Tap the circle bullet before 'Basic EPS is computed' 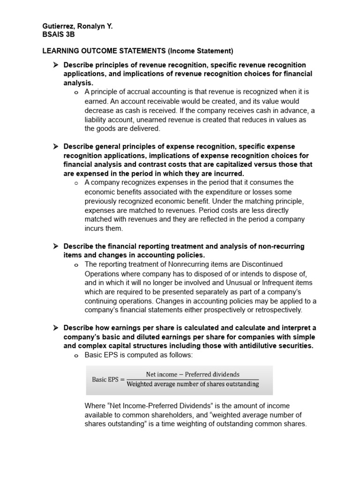pyautogui.click(x=76, y=356)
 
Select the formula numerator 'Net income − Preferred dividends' pyautogui.click(x=192, y=374)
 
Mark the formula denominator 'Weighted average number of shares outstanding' pyautogui.click(x=192, y=384)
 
